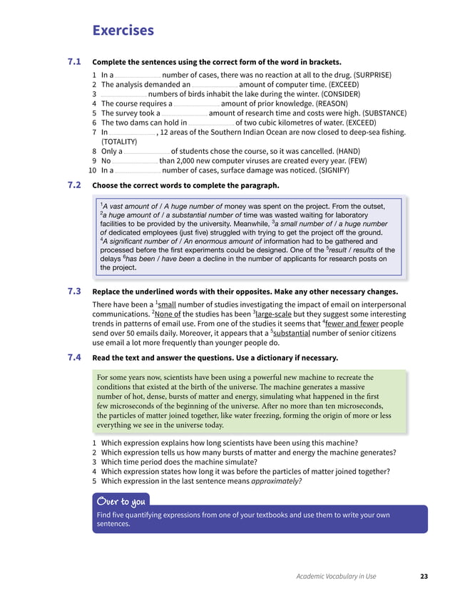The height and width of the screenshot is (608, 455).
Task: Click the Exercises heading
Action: [x=123, y=30]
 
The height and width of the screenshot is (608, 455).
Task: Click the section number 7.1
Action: [x=74, y=61]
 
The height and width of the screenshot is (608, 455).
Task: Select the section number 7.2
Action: [x=74, y=185]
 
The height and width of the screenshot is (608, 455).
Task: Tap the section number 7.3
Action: [x=74, y=291]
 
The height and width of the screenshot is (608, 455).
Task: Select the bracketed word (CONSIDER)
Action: [x=330, y=93]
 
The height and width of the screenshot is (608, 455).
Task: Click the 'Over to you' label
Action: [x=121, y=499]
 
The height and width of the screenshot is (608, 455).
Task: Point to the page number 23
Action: [x=424, y=576]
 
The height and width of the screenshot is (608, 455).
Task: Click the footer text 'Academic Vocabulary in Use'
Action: [x=336, y=576]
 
